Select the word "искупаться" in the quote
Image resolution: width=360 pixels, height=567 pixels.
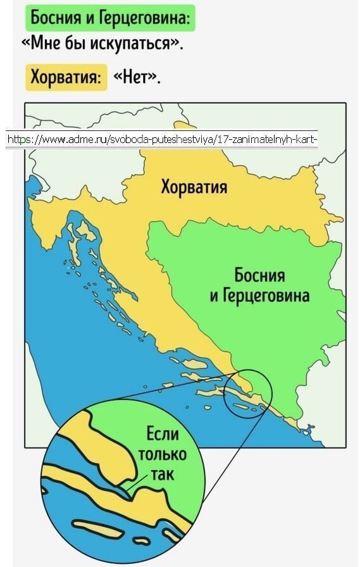[x=132, y=44]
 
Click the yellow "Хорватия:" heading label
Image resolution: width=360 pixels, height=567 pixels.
[x=66, y=78]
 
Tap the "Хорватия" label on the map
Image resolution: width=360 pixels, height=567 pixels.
[x=194, y=187]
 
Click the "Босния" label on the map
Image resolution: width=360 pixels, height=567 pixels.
[x=259, y=275]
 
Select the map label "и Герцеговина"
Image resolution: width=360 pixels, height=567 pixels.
[x=260, y=296]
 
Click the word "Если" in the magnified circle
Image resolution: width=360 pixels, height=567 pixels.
[x=163, y=435]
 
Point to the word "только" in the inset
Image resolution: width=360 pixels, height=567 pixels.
[x=163, y=454]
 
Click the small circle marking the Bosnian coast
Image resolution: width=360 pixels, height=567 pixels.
[x=247, y=394]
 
